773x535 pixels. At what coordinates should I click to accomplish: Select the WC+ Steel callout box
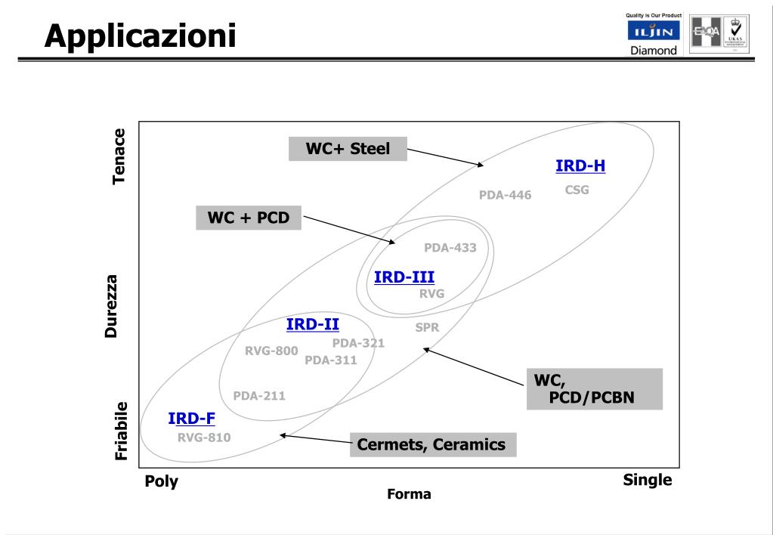tap(348, 149)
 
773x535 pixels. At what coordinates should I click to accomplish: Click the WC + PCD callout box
tap(248, 218)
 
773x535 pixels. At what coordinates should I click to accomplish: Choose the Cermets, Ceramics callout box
tap(433, 444)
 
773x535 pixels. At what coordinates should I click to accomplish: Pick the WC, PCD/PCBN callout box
tap(594, 388)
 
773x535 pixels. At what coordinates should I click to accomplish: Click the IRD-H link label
tap(580, 165)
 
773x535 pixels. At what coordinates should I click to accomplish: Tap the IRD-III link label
tap(404, 277)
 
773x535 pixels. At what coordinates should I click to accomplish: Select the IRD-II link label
tap(313, 324)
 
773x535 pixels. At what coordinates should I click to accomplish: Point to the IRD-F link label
tap(192, 418)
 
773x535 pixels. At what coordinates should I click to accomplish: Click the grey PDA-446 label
tap(505, 195)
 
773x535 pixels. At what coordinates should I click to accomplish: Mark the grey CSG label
tap(577, 190)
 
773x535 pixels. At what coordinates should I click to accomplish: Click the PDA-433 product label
tap(450, 247)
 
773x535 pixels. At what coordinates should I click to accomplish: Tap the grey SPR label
tap(427, 327)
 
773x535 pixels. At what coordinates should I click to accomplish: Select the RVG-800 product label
tap(271, 350)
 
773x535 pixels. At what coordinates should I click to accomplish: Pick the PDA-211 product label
tap(259, 395)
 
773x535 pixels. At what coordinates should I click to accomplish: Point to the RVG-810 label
tap(204, 437)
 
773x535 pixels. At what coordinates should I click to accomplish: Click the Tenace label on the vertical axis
tap(119, 156)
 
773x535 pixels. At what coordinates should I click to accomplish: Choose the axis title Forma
tap(409, 494)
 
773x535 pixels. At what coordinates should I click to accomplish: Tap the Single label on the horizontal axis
tap(647, 480)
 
